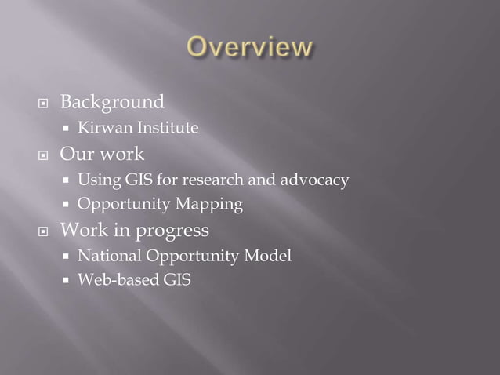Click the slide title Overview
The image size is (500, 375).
click(x=248, y=49)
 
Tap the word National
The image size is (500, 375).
click(x=106, y=256)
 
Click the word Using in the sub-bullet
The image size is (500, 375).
click(x=95, y=182)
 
